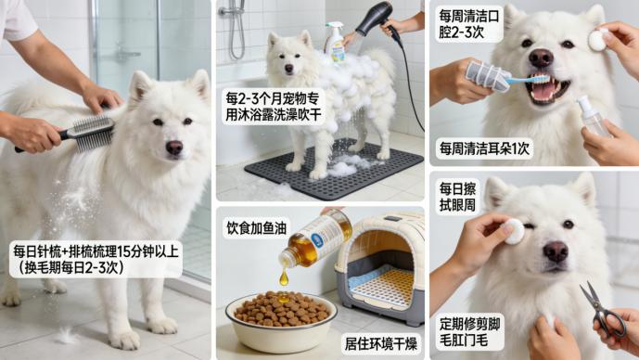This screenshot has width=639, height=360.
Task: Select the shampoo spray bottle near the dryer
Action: pos(335,42)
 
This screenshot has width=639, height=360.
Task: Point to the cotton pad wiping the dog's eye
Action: pos(513,231)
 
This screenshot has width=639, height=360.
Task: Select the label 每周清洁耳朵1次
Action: pos(485,148)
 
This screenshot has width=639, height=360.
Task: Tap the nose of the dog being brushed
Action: pos(173,147)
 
